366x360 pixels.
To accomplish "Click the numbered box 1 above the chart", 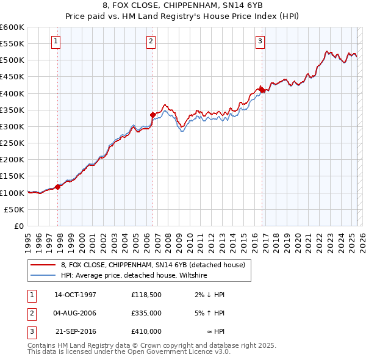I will [x=56, y=41].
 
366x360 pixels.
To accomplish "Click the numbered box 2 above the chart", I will [x=151, y=41].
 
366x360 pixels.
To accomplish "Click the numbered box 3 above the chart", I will [x=260, y=41].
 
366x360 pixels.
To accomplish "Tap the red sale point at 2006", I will [x=153, y=114].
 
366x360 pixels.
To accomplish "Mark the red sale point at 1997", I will [x=58, y=187].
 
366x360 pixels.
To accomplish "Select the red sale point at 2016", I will [x=262, y=90].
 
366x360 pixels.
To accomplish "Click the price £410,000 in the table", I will [x=146, y=331].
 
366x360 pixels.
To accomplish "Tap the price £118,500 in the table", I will [x=146, y=295].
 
